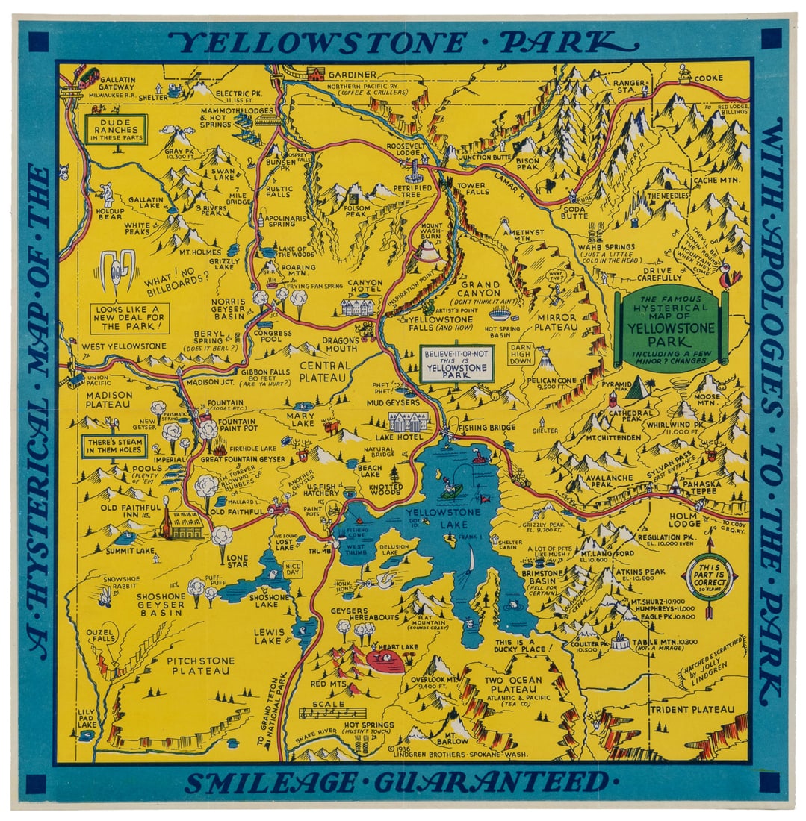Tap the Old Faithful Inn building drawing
182,526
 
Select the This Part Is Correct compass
711,575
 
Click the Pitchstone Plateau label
200,666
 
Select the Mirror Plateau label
557,322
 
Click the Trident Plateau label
692,709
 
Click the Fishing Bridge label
487,428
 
